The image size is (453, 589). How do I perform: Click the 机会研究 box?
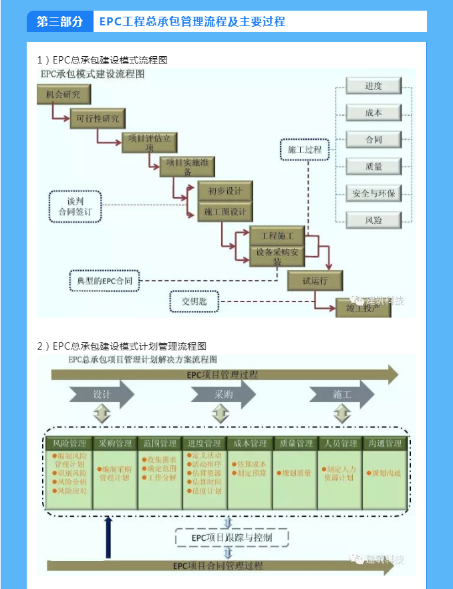[63, 94]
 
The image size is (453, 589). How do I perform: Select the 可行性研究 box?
[98, 119]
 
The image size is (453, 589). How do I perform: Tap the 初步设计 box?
[225, 191]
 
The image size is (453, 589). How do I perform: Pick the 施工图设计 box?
[225, 212]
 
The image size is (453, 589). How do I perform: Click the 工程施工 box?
[277, 235]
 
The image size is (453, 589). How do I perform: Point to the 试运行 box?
[315, 281]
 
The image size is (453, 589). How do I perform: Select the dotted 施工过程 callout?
[305, 150]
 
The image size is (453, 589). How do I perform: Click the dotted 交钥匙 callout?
[194, 302]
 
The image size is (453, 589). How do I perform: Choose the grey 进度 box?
[373, 86]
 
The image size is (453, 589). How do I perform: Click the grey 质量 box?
[373, 166]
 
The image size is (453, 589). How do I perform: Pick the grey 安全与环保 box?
[373, 193]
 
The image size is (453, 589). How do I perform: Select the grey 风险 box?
[373, 220]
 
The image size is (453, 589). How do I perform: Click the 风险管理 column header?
[69, 443]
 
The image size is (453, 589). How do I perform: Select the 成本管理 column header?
[250, 443]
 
